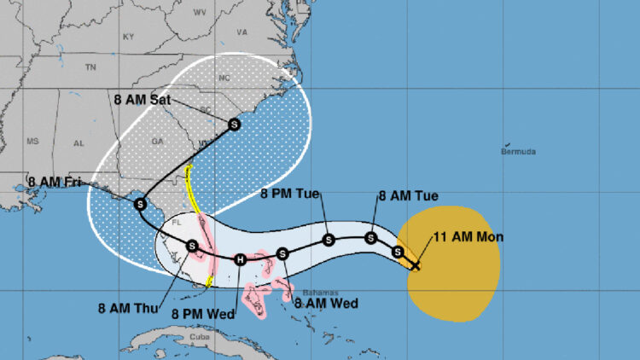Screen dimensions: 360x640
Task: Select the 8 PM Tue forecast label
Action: (289, 195)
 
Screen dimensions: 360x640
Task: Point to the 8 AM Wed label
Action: (325, 302)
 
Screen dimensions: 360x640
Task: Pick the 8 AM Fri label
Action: (57, 182)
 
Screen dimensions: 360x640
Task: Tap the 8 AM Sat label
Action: (142, 99)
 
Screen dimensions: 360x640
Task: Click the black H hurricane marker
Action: (241, 259)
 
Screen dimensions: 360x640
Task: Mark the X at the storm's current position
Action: (415, 266)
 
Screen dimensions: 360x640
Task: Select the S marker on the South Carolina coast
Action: (234, 125)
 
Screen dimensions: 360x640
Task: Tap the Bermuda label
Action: (518, 152)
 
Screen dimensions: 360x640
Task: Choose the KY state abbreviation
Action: (129, 37)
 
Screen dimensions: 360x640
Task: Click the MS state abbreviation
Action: (33, 142)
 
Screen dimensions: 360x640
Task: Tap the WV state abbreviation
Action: (201, 12)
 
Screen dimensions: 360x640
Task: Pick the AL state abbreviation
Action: (79, 143)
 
